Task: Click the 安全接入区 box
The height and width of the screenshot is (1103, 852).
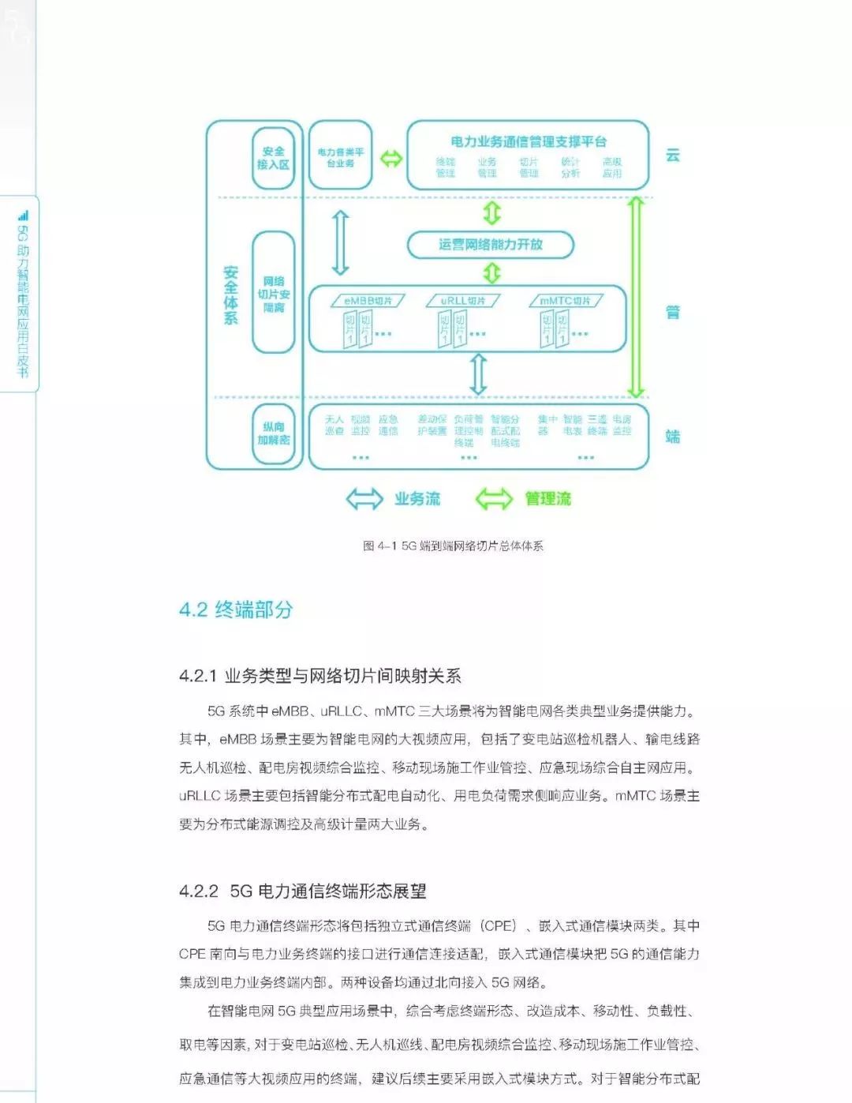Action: tap(273, 158)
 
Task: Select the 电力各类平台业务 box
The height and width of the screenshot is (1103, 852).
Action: tap(340, 157)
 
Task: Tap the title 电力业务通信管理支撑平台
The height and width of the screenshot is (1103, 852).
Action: tap(529, 142)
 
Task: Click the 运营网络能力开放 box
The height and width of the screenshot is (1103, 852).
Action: tap(491, 245)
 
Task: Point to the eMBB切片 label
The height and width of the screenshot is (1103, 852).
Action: tap(368, 301)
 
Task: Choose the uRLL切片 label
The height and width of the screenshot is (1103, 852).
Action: tap(463, 301)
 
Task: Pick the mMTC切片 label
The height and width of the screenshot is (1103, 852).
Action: tap(566, 301)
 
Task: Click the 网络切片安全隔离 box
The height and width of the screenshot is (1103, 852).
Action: tap(273, 294)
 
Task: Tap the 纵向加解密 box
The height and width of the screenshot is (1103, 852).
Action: tap(273, 433)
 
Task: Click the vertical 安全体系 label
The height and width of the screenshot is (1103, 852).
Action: tap(230, 295)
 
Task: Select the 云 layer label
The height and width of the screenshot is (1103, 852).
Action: tap(673, 155)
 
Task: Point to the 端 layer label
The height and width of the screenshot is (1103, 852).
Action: tap(673, 437)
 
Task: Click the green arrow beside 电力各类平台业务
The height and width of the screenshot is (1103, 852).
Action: tap(391, 158)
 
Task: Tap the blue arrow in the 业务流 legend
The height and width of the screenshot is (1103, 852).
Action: tap(364, 499)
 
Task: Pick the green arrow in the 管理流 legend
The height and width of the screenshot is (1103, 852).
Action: tap(494, 499)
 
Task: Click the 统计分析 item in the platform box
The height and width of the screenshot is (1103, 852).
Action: tap(570, 167)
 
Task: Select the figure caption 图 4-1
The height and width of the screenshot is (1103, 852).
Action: tap(453, 546)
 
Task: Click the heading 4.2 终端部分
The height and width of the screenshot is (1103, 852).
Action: tap(236, 610)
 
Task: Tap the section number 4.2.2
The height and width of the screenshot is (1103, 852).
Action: tap(198, 891)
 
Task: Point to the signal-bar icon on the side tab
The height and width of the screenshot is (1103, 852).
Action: tap(23, 215)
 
